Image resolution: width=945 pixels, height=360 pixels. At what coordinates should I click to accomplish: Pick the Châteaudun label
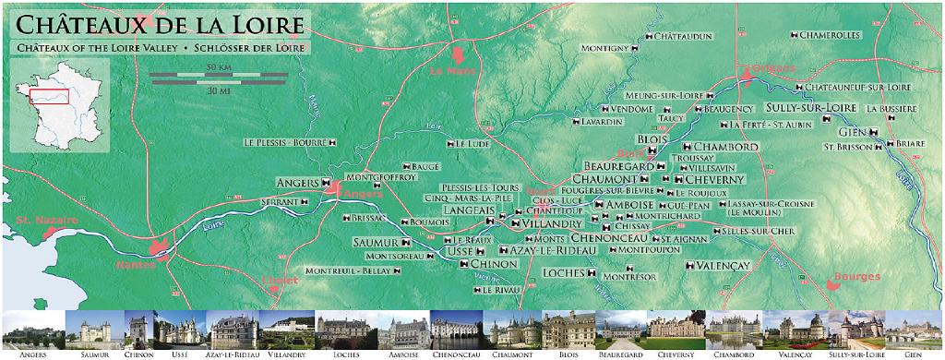(684, 36)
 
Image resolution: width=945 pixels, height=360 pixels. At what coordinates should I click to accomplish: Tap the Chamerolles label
(829, 35)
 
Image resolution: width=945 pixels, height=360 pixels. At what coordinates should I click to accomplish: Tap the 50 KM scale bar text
(219, 68)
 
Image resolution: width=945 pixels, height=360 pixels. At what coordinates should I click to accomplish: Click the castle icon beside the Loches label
(590, 274)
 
